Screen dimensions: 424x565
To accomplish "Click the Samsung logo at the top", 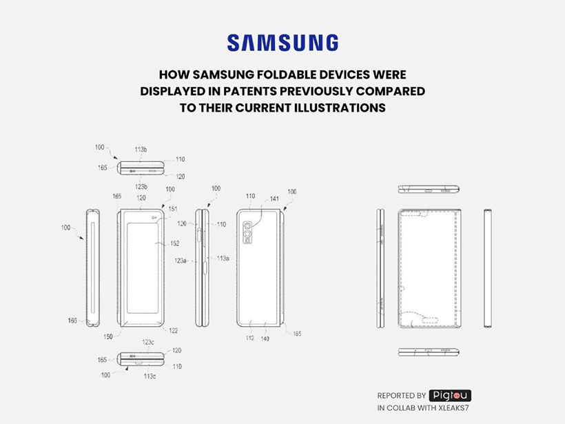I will (282, 43).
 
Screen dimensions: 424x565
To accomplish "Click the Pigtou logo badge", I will (450, 396).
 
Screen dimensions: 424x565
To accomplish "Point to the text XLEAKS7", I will (451, 410).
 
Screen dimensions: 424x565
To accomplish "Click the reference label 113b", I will (141, 149).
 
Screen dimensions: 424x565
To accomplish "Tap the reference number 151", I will (174, 209).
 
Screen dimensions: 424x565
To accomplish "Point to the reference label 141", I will (274, 199).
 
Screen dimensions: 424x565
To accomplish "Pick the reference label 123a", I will (181, 261).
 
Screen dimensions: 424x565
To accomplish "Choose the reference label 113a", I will (223, 258).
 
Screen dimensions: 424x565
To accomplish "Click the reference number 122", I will (173, 331).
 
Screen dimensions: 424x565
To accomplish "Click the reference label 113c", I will (150, 376).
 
